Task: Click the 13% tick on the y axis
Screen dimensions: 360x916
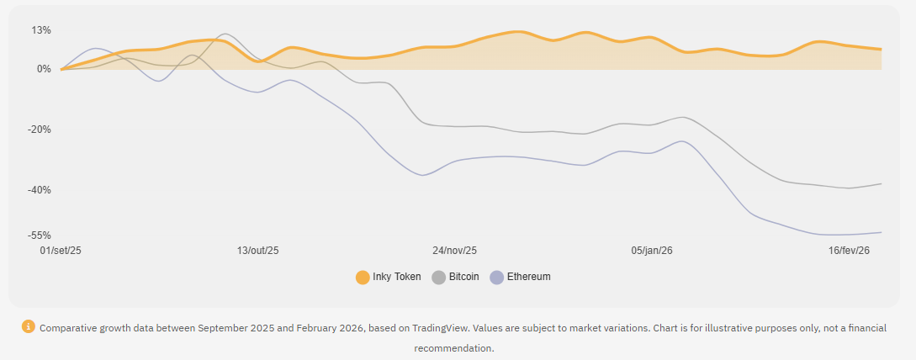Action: point(41,30)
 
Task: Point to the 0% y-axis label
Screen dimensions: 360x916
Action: point(44,69)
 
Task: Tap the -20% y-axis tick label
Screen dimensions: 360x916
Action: point(40,130)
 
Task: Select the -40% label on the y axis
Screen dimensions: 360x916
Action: point(40,190)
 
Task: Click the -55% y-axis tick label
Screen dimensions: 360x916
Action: point(40,236)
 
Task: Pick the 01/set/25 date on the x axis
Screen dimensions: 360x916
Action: point(61,251)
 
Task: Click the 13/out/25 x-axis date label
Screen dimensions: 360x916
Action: point(257,251)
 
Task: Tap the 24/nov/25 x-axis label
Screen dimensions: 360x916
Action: point(454,251)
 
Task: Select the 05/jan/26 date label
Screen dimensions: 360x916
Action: point(651,251)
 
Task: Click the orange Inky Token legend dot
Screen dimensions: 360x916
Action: point(363,277)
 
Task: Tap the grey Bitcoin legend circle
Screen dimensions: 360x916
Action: point(438,277)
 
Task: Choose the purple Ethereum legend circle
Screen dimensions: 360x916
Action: point(496,277)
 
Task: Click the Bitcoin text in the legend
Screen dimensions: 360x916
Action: point(463,277)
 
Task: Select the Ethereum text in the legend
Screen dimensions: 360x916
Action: point(528,277)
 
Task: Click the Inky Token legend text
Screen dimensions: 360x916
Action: point(396,277)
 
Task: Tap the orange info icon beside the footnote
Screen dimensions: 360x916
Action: point(29,326)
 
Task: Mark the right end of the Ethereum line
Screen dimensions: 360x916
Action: point(881,232)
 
